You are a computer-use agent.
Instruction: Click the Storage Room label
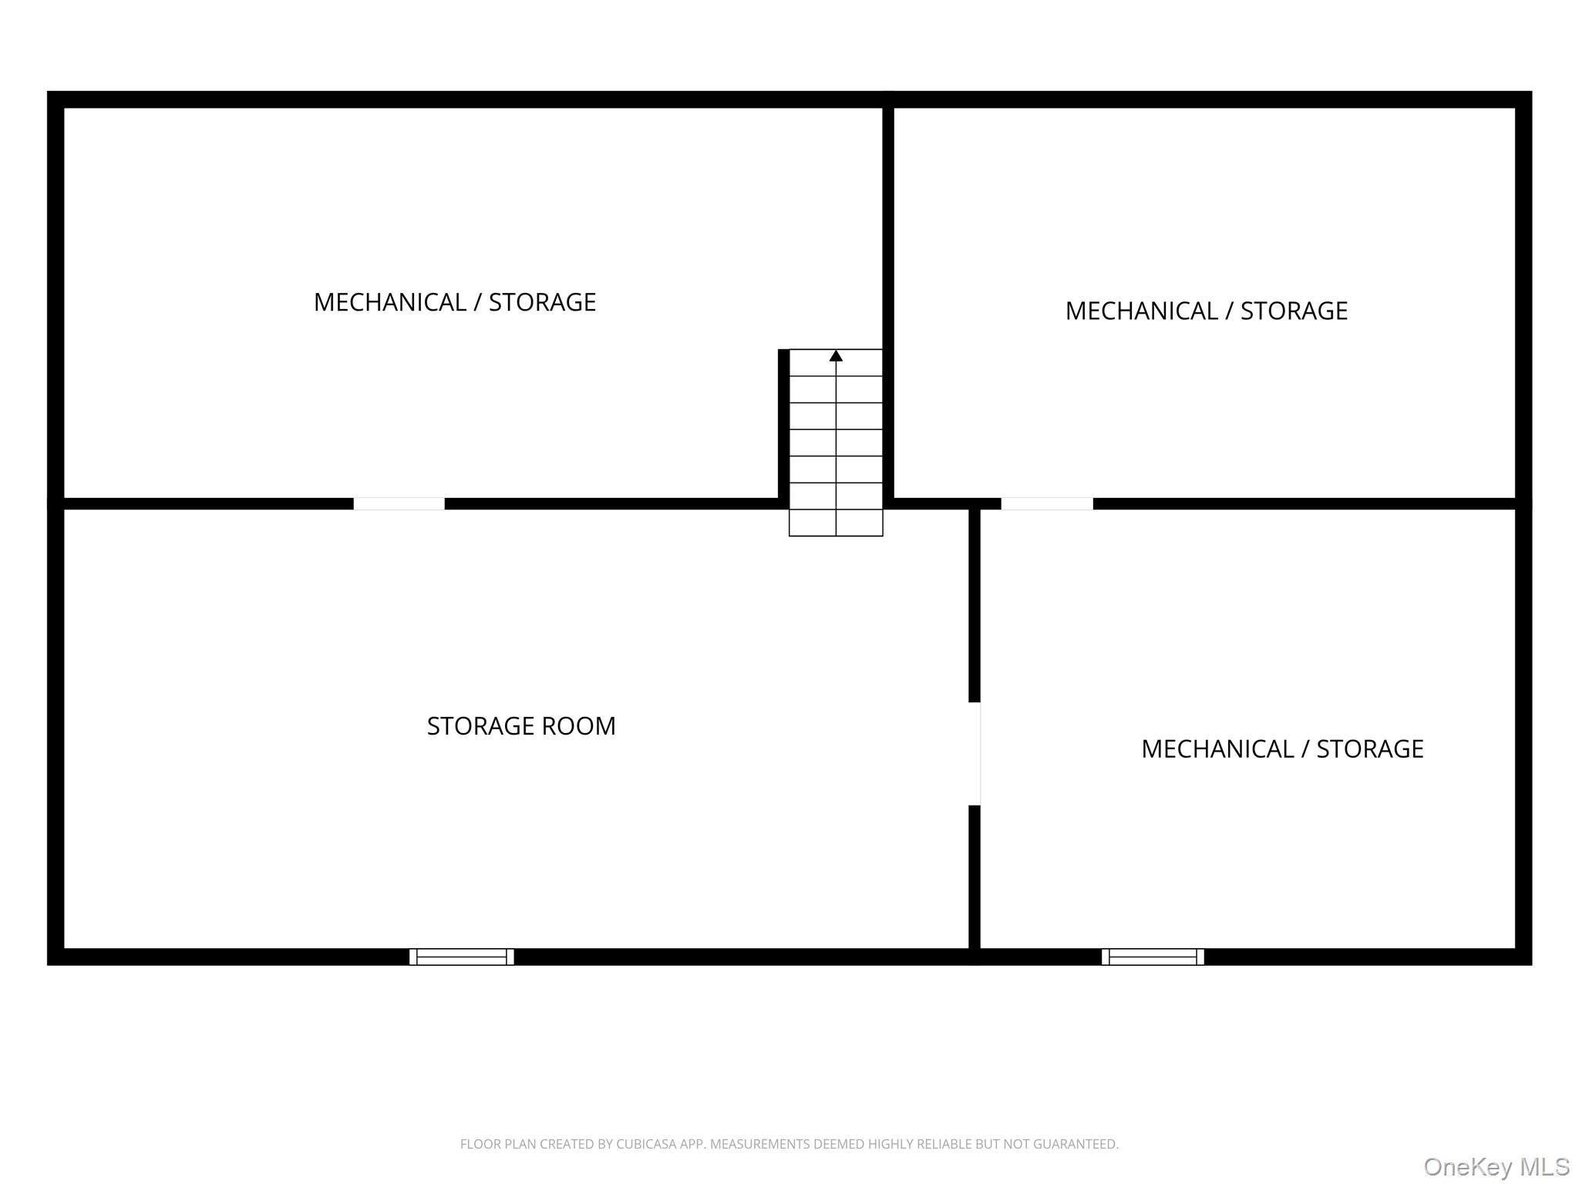pos(521,726)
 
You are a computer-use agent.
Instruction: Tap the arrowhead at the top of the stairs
pos(836,355)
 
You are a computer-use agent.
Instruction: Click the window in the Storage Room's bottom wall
pos(462,957)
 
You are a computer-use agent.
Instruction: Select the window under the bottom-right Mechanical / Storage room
pos(1153,957)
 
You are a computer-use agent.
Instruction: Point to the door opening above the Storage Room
pos(399,504)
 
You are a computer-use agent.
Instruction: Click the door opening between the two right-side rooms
pos(1047,504)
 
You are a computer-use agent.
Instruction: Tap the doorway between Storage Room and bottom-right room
pos(975,754)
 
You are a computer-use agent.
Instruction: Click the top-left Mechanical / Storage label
pos(455,302)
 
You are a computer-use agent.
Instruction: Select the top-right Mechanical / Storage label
pos(1207,311)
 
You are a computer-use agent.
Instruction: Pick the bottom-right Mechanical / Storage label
pos(1282,748)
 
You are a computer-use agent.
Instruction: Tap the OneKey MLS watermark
pos(1497,1167)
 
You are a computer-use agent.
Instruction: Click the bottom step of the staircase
pos(836,523)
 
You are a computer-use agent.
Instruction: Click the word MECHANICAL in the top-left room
pos(390,302)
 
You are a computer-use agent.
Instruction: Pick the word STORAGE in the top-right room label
pos(1294,311)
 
